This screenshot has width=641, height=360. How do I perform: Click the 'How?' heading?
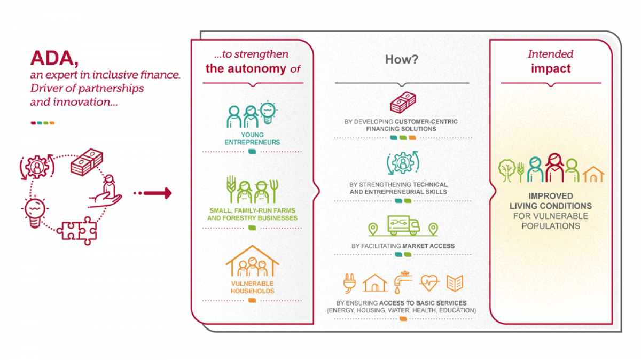coord(402,59)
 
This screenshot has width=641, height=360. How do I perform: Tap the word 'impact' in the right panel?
coord(551,68)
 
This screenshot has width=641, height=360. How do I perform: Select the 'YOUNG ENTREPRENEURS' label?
coord(253,139)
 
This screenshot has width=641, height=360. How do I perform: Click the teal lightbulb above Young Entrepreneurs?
coord(267,112)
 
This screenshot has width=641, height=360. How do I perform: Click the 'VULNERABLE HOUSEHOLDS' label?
coord(253,287)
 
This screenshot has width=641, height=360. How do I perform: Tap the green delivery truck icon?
coord(403,225)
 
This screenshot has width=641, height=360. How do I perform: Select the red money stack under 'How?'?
coord(402,103)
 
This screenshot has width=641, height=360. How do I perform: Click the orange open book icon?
coord(455,283)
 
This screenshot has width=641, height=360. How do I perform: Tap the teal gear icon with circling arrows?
coord(402,163)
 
